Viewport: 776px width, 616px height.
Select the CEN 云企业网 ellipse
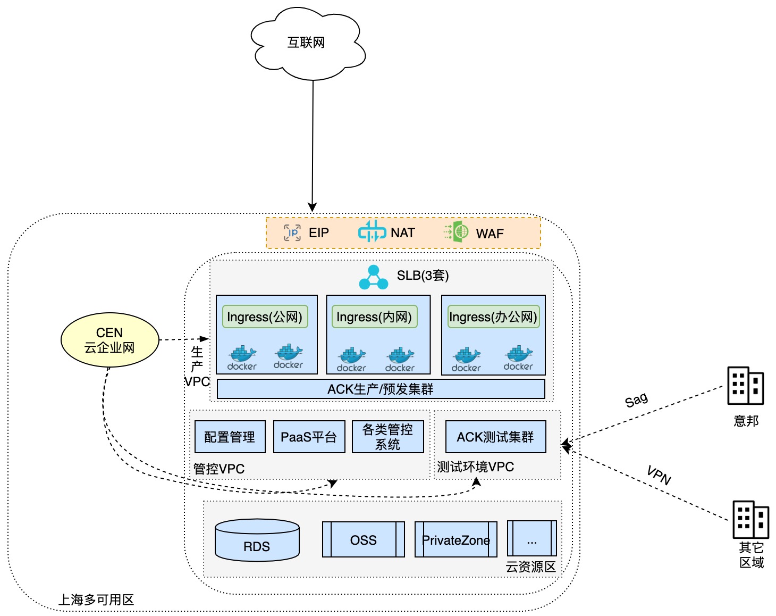pos(110,340)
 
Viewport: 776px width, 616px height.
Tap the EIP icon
pos(292,232)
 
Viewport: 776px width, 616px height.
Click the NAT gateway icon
pos(372,231)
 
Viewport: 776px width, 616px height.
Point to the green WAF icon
pos(457,232)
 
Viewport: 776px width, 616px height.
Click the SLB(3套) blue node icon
pos(374,277)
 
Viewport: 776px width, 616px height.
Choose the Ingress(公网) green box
pos(265,317)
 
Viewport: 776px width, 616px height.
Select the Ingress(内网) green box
pos(374,317)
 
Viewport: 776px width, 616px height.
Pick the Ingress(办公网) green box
pos(493,317)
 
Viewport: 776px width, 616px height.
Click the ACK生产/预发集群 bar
pos(381,389)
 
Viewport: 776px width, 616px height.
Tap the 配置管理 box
pos(230,437)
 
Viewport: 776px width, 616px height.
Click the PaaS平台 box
pos(309,437)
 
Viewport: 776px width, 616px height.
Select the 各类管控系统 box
pos(387,437)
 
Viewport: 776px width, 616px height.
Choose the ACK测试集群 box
pos(495,437)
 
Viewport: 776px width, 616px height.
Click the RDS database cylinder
pos(257,540)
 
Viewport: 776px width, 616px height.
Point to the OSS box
pos(364,539)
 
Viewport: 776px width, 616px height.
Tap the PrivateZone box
pos(456,539)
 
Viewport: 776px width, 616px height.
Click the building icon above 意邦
pos(745,385)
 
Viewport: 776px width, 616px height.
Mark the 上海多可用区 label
pos(96,600)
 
